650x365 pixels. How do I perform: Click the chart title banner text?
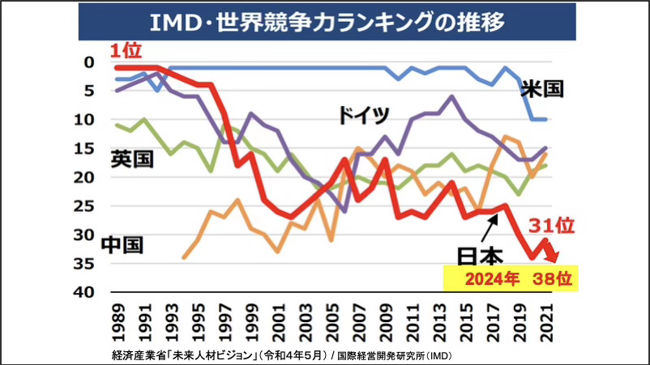[326, 21]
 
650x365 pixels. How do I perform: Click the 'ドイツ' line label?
[365, 115]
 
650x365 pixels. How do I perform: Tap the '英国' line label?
[130, 158]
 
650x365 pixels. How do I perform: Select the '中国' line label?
[124, 244]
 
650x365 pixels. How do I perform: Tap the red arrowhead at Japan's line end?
[553, 257]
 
